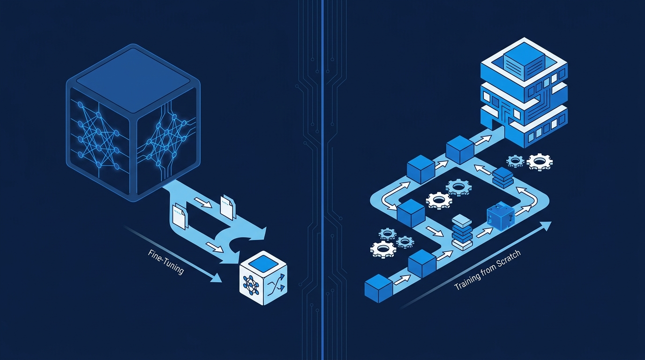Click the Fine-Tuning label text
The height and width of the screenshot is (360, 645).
coord(166,262)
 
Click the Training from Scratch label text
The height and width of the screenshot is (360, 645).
coord(487,270)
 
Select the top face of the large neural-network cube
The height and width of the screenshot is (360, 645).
coord(133,80)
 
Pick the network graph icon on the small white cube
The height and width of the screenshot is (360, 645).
coord(251,285)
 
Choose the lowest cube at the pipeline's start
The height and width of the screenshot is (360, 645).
coord(378,288)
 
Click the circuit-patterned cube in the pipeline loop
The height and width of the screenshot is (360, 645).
coord(501,216)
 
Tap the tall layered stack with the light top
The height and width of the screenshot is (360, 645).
coord(462,232)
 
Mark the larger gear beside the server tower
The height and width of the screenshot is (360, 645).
coord(540,162)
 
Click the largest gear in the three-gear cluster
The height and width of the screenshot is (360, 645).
coord(382,249)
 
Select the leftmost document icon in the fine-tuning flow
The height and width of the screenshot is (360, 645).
coord(180,216)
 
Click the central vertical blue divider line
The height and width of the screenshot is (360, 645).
coord(322,180)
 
